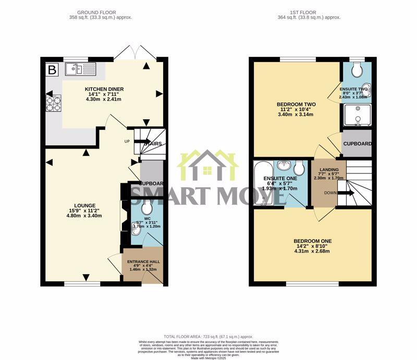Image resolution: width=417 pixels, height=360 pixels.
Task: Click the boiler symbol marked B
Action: click(52, 69)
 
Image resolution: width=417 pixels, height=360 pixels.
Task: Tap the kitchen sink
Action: click(81, 69)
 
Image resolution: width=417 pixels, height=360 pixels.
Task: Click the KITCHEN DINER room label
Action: click(105, 89)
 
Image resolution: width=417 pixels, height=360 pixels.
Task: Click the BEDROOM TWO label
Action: click(296, 104)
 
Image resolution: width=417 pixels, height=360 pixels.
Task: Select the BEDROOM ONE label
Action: click(313, 241)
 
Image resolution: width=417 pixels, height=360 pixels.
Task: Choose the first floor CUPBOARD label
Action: click(357, 144)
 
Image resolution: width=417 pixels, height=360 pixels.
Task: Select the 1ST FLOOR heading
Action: click(309, 12)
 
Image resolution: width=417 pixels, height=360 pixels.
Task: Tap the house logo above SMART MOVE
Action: click(207, 166)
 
